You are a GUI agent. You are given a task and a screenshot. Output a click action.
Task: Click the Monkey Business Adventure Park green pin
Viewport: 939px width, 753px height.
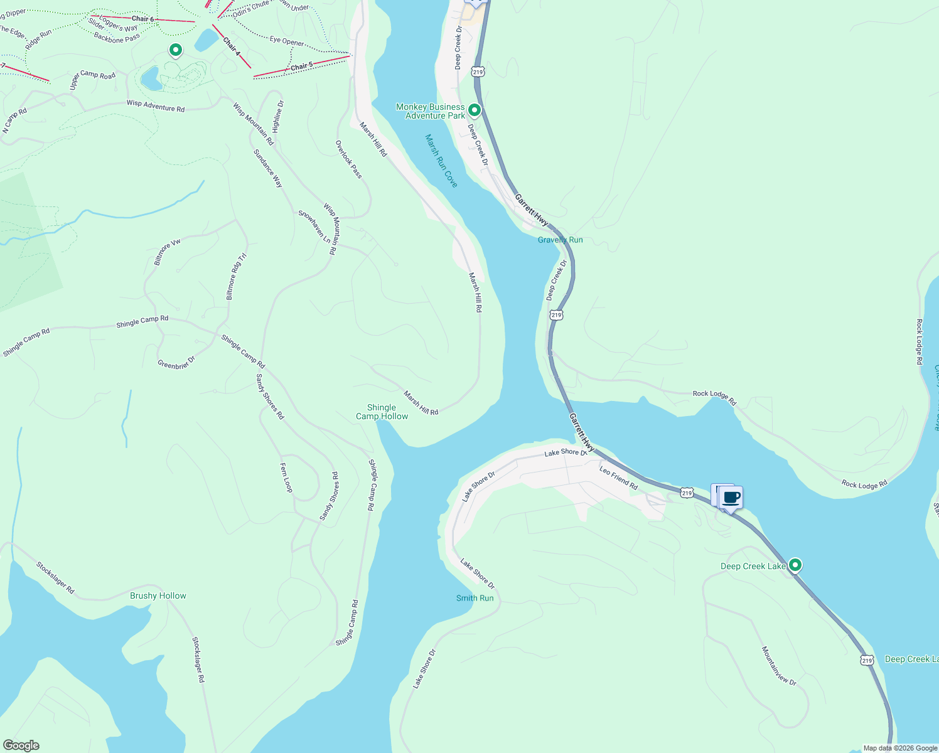pyautogui.click(x=475, y=110)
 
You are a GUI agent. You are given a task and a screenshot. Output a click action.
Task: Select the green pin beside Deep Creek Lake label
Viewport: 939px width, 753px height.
pyautogui.click(x=795, y=565)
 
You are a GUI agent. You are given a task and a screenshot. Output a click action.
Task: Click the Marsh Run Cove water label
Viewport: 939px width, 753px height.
pyautogui.click(x=441, y=161)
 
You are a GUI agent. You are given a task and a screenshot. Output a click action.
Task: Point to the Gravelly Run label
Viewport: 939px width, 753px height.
pyautogui.click(x=560, y=240)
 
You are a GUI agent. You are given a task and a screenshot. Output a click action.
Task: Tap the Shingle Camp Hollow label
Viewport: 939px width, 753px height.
pyautogui.click(x=382, y=412)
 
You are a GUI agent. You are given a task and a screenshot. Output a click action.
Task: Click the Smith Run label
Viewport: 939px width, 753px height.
pyautogui.click(x=475, y=598)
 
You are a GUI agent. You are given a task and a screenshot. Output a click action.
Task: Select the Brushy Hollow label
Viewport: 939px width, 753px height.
pyautogui.click(x=158, y=595)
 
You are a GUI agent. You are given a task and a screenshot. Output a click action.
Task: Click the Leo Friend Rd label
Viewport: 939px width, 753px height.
pyautogui.click(x=618, y=478)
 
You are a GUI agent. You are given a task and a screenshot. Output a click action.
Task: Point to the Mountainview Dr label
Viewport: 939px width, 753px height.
pyautogui.click(x=779, y=666)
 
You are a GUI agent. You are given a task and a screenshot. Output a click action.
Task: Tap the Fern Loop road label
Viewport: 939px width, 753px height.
pyautogui.click(x=286, y=478)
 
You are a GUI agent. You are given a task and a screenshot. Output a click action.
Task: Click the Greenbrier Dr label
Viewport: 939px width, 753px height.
pyautogui.click(x=176, y=362)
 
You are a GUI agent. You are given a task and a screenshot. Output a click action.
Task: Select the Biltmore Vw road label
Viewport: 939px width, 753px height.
pyautogui.click(x=167, y=252)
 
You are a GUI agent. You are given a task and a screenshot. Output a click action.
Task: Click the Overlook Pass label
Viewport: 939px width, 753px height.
pyautogui.click(x=348, y=159)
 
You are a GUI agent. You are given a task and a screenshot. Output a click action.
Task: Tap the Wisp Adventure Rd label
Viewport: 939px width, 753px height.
pyautogui.click(x=156, y=106)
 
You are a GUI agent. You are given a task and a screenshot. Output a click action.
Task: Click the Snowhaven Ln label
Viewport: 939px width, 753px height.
pyautogui.click(x=314, y=227)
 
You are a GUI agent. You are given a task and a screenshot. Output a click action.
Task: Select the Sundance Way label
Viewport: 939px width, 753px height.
pyautogui.click(x=268, y=168)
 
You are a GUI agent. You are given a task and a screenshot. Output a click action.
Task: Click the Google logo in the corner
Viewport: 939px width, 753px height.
pyautogui.click(x=21, y=745)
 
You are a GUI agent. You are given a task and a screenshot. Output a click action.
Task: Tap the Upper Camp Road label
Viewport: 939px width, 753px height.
pyautogui.click(x=92, y=80)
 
